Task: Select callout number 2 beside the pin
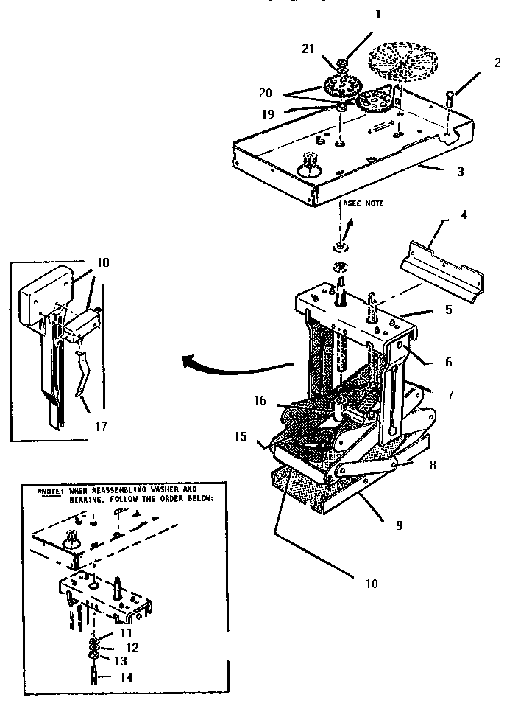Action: (497, 63)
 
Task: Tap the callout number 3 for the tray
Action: (460, 172)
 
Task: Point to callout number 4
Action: (464, 216)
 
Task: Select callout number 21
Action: (308, 48)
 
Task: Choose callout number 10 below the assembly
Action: (371, 583)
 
